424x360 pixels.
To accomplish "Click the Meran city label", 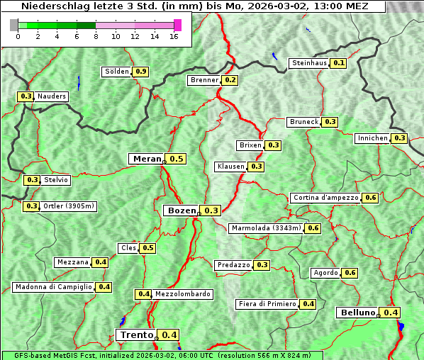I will click(147, 159).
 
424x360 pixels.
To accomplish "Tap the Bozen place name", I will click(181, 210).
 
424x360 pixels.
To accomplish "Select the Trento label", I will click(136, 335).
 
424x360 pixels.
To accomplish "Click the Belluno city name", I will click(357, 313).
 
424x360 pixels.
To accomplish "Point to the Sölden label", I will click(117, 72).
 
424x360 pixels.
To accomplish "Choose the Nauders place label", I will click(52, 96).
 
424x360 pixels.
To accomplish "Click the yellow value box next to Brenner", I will click(230, 80).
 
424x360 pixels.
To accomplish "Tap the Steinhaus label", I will click(309, 63).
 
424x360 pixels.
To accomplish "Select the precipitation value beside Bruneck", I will click(330, 122).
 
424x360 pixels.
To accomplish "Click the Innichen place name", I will click(373, 138).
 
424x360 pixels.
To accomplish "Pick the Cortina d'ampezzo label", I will click(325, 198).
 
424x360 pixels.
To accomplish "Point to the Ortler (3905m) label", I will click(69, 206).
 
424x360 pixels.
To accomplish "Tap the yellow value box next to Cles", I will click(147, 248).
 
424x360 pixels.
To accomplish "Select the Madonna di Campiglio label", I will click(53, 287).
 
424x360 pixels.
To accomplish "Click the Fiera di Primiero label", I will click(267, 304).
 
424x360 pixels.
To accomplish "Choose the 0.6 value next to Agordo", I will click(350, 273).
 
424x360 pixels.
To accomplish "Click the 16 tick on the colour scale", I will click(174, 36).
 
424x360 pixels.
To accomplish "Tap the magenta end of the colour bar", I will click(177, 25).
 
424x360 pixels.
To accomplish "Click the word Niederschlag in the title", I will click(52, 6).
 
